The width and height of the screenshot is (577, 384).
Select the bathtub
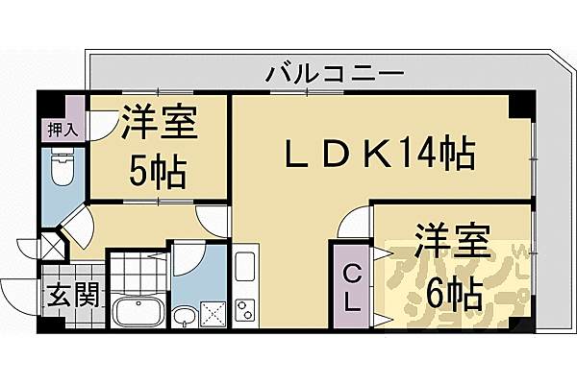(138, 312)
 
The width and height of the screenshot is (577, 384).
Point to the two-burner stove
(244, 308)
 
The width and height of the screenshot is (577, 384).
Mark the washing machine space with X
(213, 312)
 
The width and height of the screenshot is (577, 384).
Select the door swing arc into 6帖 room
(354, 225)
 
